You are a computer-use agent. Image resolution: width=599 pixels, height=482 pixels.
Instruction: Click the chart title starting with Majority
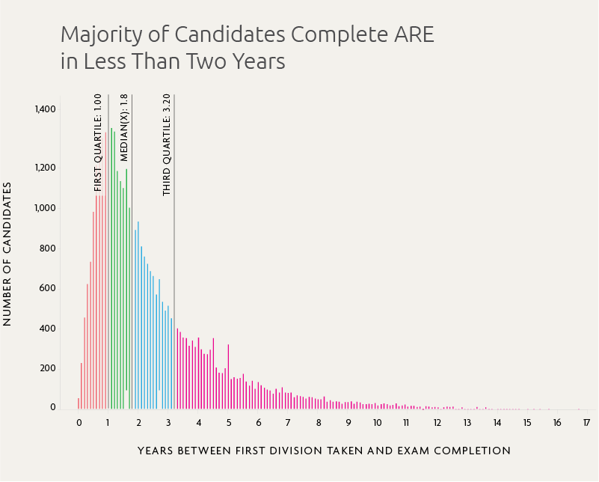tap(247, 47)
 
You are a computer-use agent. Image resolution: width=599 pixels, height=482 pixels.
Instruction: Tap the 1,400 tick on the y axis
tap(45, 109)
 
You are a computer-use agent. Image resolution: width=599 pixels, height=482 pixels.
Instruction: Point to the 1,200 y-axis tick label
tap(45, 168)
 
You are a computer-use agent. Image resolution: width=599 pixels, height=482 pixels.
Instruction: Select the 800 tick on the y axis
tap(47, 248)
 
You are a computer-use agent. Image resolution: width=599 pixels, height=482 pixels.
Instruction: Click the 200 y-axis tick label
tap(47, 368)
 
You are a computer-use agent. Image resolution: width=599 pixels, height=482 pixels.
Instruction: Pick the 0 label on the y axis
tap(52, 408)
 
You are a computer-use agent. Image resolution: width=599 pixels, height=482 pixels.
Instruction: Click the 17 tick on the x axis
tap(586, 423)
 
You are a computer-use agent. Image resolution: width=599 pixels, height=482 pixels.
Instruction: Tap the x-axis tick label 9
tap(348, 423)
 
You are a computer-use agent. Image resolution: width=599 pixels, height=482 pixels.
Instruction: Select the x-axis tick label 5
tap(228, 423)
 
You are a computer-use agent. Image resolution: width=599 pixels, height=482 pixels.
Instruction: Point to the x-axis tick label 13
tap(467, 423)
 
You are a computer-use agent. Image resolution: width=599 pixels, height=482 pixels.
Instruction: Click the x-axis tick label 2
tap(138, 423)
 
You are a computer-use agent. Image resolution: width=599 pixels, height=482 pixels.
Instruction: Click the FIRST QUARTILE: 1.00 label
tap(98, 142)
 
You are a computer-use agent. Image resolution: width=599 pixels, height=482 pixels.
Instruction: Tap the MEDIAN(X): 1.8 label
tap(124, 127)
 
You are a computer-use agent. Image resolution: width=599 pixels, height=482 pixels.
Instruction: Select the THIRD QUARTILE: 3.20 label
tap(167, 144)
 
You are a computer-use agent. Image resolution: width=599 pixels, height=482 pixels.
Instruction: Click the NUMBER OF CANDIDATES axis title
tap(7, 254)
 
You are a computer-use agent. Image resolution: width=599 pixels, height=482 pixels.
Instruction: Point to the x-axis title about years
tap(324, 451)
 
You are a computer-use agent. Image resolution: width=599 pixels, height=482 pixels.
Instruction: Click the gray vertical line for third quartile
tap(174, 299)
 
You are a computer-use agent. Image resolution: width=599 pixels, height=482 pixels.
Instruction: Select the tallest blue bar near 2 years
tap(138, 314)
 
